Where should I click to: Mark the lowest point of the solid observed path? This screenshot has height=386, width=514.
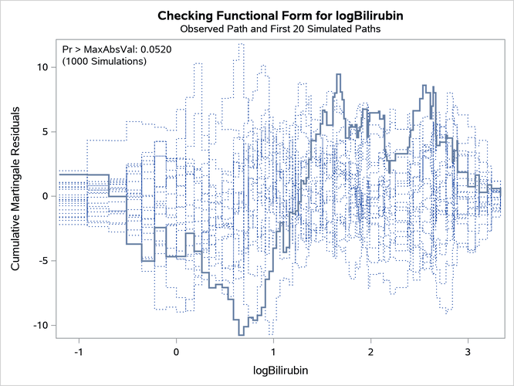(242, 334)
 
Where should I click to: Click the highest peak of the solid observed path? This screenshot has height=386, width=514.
(338, 74)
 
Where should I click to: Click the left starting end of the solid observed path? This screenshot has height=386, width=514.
(60, 174)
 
